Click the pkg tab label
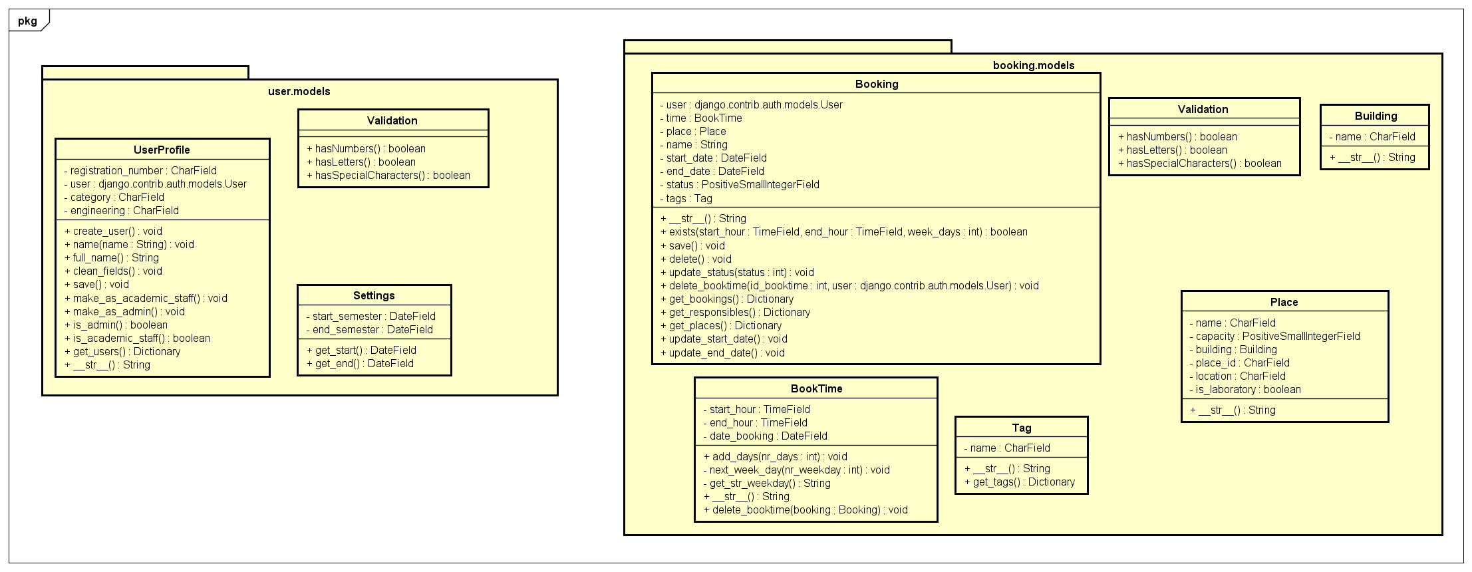click(x=27, y=21)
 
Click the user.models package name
click(x=299, y=91)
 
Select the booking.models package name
click(x=1033, y=65)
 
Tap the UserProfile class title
click(x=162, y=150)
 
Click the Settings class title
click(x=374, y=295)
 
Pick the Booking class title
click(x=876, y=84)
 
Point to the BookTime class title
click(x=816, y=388)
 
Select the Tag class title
click(x=1021, y=428)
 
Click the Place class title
click(x=1284, y=302)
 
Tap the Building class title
click(x=1376, y=116)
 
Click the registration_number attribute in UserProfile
click(x=140, y=171)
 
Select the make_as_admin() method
click(x=125, y=311)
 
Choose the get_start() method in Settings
click(x=361, y=350)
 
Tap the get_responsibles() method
click(x=735, y=313)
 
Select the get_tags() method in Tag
click(x=1019, y=482)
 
